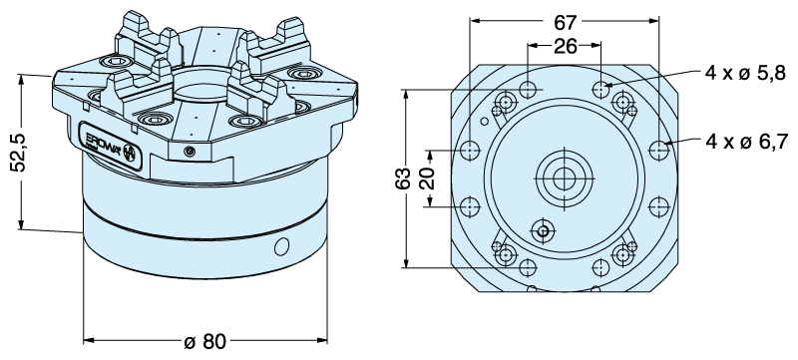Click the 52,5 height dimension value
click(x=19, y=153)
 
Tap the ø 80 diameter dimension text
click(x=204, y=341)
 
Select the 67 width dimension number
click(x=565, y=22)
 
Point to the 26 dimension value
click(x=565, y=46)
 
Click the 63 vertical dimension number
click(x=403, y=178)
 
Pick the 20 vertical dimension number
click(x=429, y=178)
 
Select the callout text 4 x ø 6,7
click(x=746, y=141)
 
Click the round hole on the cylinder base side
click(x=281, y=246)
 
